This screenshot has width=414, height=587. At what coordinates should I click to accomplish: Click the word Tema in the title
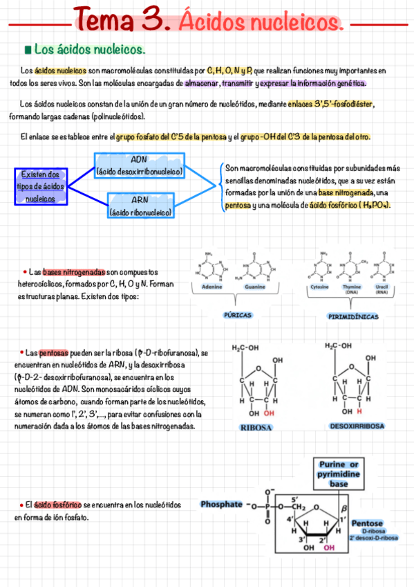coord(104,19)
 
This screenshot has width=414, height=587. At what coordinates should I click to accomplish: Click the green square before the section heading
coord(27,50)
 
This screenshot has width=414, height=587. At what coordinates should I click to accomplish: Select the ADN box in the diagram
coord(139,165)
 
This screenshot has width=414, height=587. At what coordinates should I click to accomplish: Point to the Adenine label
coord(211,287)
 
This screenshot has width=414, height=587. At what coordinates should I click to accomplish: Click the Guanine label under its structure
coord(255,287)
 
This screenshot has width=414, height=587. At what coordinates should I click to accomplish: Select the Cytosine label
coord(319,286)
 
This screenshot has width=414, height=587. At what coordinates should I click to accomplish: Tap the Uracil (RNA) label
coord(381,289)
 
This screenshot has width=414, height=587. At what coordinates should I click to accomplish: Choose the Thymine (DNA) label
coord(352,289)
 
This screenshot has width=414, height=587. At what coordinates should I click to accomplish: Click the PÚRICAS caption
coord(237,314)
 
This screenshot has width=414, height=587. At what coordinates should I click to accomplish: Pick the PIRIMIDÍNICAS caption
coord(352,316)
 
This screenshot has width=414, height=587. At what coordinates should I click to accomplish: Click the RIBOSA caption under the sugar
coord(256,427)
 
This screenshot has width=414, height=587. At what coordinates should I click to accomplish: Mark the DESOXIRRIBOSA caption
coord(357,426)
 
